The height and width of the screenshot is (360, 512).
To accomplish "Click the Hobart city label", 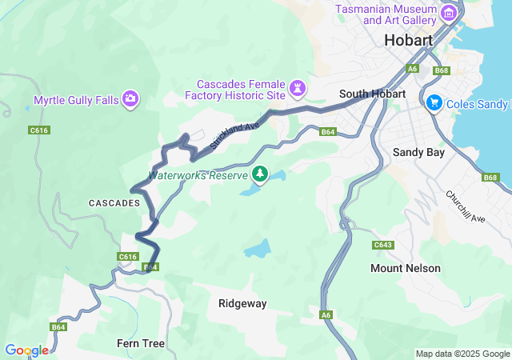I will [x=408, y=40].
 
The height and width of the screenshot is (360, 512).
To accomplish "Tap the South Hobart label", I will [x=372, y=94].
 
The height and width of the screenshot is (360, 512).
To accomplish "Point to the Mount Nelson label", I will [x=405, y=268].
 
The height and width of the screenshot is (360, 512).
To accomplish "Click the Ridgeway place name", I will [x=242, y=303].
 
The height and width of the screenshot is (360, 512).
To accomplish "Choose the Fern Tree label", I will [x=141, y=343].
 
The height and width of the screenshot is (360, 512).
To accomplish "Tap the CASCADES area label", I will [x=114, y=204].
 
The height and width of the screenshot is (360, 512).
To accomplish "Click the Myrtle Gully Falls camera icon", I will [x=130, y=100].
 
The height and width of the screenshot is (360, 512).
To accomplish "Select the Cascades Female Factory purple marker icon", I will [x=298, y=86].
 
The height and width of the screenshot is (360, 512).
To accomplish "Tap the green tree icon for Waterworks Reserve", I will [x=260, y=174].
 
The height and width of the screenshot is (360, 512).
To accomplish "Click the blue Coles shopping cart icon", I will [x=434, y=103].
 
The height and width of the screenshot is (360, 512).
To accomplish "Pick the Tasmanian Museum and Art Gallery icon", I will [x=449, y=14].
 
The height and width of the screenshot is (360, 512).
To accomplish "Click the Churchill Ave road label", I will [x=466, y=206].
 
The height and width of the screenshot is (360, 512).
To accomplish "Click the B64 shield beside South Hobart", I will [x=327, y=132].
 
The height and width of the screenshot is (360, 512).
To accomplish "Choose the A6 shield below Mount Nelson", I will [x=326, y=314].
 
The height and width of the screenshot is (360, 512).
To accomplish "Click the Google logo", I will [x=26, y=350].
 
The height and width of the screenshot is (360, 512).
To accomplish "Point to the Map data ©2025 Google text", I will [x=462, y=354].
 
